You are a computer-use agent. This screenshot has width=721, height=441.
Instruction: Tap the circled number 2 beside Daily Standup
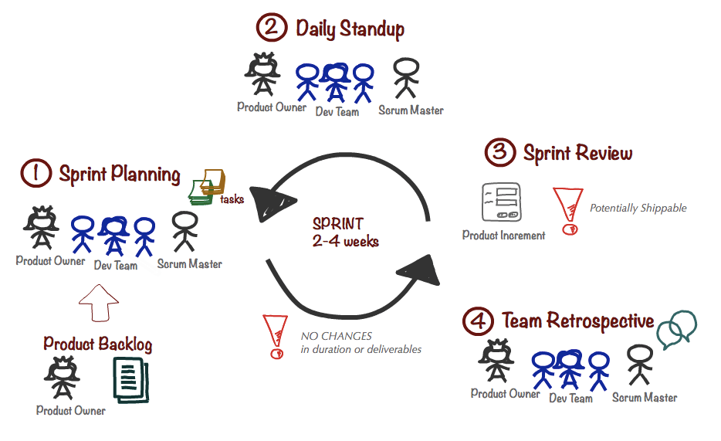coord(271,29)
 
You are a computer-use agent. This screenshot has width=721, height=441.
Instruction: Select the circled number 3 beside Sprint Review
coord(499,152)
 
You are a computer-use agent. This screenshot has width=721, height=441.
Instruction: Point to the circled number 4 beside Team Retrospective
coord(478,321)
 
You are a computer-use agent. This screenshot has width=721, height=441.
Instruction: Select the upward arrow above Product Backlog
coord(96,302)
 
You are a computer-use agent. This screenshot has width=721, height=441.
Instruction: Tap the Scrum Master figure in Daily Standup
coord(406,80)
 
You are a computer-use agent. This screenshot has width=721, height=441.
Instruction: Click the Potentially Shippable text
coord(638,208)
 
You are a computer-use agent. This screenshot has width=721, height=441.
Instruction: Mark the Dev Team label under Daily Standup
coord(337,112)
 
